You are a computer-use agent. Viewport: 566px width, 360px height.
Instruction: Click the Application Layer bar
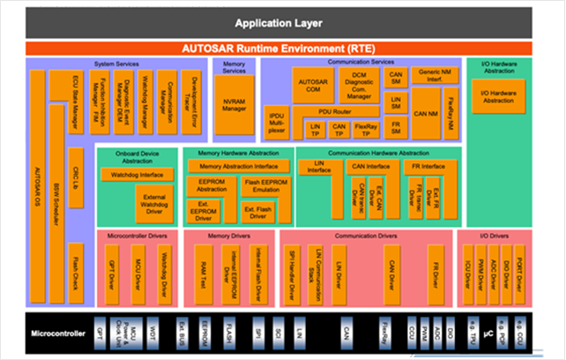point(283,22)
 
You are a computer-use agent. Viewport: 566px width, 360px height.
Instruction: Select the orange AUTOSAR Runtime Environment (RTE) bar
point(283,49)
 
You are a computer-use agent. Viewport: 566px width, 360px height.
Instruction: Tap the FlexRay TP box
point(366,129)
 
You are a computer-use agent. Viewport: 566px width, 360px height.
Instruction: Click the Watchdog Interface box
point(138,176)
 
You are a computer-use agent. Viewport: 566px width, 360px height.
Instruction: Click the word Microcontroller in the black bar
point(56,334)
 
